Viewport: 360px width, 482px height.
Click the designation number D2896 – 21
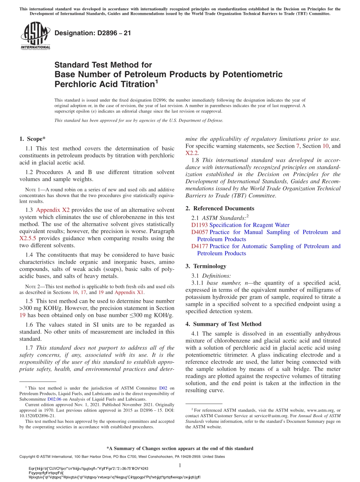pos(93,33)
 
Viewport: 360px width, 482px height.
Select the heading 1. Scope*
pos(33,139)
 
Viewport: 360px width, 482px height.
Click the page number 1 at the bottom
pos(180,465)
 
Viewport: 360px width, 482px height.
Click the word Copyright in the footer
pos(27,457)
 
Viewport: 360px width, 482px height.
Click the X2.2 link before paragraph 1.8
pos(192,153)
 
